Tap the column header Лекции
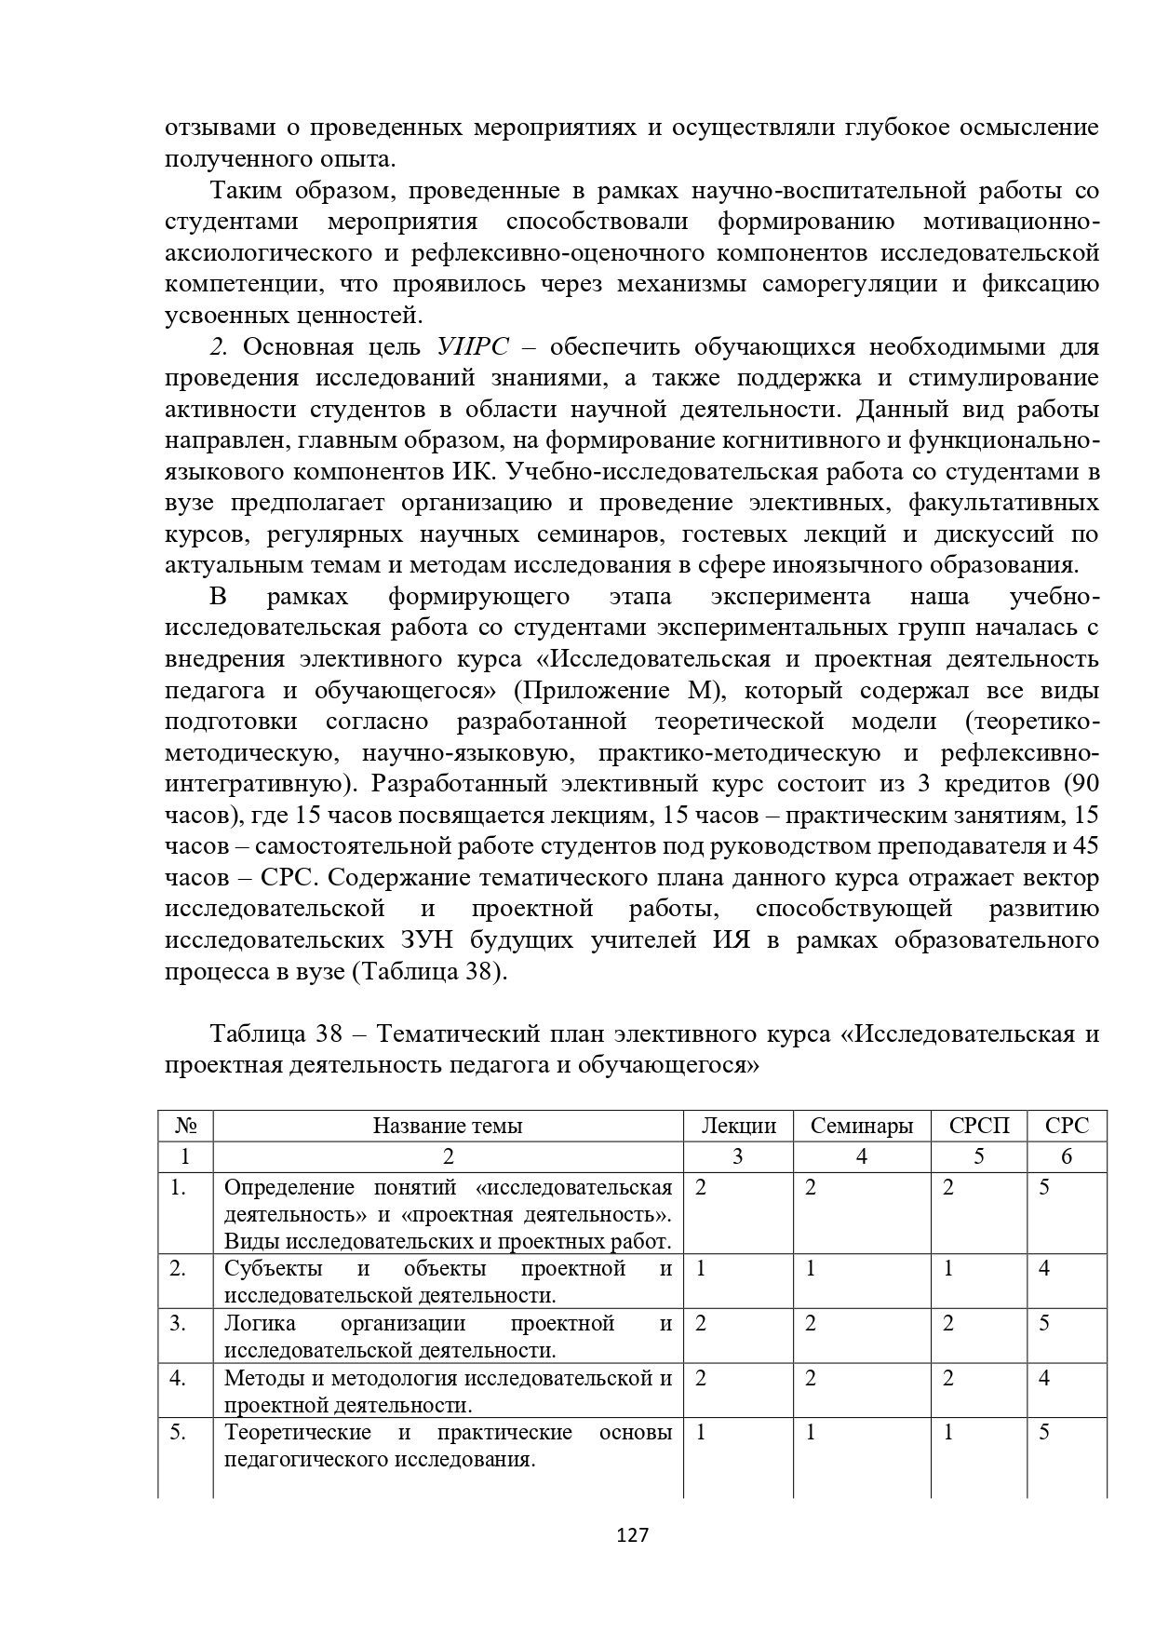coord(738,1126)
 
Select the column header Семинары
coord(862,1126)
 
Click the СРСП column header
coord(979,1126)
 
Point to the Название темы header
coord(448,1126)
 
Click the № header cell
coord(186,1126)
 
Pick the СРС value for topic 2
coord(1044,1269)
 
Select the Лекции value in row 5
coord(701,1433)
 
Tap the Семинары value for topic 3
coord(811,1323)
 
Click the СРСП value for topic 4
coord(948,1378)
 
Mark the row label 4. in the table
coord(179,1378)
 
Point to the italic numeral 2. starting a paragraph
coord(219,347)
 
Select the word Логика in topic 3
coord(261,1323)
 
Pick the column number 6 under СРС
coord(1067,1156)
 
